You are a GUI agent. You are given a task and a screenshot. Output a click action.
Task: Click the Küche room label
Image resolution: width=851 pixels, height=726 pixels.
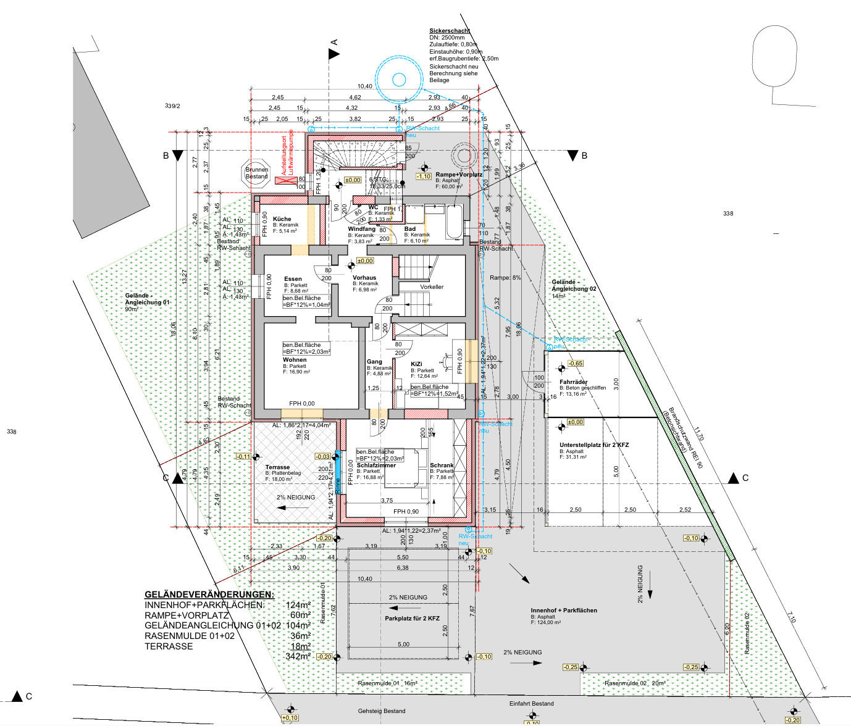click(282, 219)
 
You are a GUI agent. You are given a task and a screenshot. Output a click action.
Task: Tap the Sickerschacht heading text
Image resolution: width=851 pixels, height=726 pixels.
click(450, 30)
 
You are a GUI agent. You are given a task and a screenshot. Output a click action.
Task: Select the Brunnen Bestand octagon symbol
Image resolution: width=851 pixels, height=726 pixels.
click(257, 172)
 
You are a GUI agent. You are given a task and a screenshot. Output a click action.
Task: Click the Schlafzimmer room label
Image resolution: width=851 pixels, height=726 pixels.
click(376, 465)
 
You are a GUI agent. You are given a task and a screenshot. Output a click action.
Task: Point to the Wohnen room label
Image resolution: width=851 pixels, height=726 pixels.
click(295, 360)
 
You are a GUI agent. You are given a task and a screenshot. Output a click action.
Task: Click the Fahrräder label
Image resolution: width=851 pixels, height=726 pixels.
click(573, 382)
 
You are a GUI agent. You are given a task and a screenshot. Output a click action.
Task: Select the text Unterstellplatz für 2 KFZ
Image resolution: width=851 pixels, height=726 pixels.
click(594, 445)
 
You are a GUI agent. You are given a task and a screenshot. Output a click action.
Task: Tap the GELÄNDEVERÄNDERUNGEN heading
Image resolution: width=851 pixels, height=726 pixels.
click(209, 595)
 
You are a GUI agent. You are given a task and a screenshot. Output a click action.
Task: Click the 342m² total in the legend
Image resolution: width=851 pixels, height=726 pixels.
click(298, 656)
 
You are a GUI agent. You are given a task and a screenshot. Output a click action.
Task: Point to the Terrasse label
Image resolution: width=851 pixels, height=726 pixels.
click(277, 467)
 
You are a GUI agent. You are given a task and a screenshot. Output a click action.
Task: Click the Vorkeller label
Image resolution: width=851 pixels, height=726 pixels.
click(432, 287)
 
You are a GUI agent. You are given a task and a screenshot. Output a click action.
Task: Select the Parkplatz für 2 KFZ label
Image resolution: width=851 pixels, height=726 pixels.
click(412, 619)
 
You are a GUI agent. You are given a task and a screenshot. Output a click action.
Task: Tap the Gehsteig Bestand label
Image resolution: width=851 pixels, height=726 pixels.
click(382, 711)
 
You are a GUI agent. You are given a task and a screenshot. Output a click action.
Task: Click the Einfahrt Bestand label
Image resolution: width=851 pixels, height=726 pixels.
click(531, 704)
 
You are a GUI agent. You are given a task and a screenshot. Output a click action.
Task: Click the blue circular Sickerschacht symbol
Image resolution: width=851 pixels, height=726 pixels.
click(399, 79)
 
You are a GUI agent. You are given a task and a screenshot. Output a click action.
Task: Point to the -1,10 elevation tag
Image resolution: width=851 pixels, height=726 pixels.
click(424, 177)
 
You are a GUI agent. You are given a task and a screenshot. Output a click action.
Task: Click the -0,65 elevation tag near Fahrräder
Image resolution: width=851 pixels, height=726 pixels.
click(576, 364)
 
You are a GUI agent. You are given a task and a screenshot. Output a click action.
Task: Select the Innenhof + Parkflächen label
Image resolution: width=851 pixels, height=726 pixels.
click(564, 611)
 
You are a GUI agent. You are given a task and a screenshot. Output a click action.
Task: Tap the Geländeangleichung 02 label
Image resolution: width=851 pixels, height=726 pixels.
click(574, 285)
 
